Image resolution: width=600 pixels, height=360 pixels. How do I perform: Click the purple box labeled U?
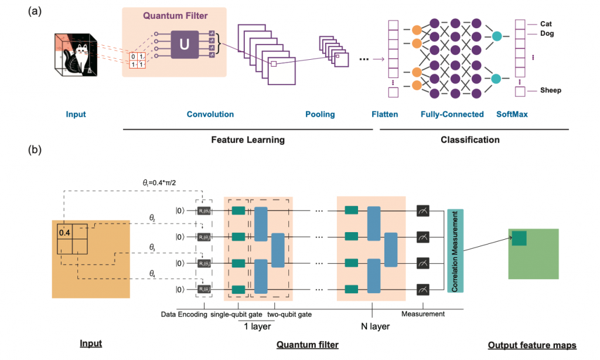pyautogui.click(x=185, y=44)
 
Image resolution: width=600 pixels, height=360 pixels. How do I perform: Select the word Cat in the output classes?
pyautogui.click(x=546, y=24)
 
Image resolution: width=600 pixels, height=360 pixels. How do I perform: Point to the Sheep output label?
pyautogui.click(x=550, y=90)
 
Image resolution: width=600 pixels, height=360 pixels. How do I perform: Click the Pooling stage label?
pyautogui.click(x=320, y=114)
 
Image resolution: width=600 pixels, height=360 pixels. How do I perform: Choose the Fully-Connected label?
pyautogui.click(x=452, y=114)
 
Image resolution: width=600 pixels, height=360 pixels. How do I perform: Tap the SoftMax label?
pyautogui.click(x=512, y=114)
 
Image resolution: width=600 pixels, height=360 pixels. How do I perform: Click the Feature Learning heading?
pyautogui.click(x=248, y=140)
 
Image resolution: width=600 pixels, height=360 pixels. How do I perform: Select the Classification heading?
pyautogui.click(x=470, y=140)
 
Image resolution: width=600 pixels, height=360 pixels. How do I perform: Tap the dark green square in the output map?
pyautogui.click(x=519, y=237)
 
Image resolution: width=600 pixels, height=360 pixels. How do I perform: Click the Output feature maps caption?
pyautogui.click(x=531, y=345)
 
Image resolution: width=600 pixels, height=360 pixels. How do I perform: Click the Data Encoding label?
pyautogui.click(x=183, y=314)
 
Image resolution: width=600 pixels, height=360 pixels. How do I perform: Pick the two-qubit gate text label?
pyautogui.click(x=289, y=314)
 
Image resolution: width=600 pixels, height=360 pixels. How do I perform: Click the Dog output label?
pyautogui.click(x=546, y=34)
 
